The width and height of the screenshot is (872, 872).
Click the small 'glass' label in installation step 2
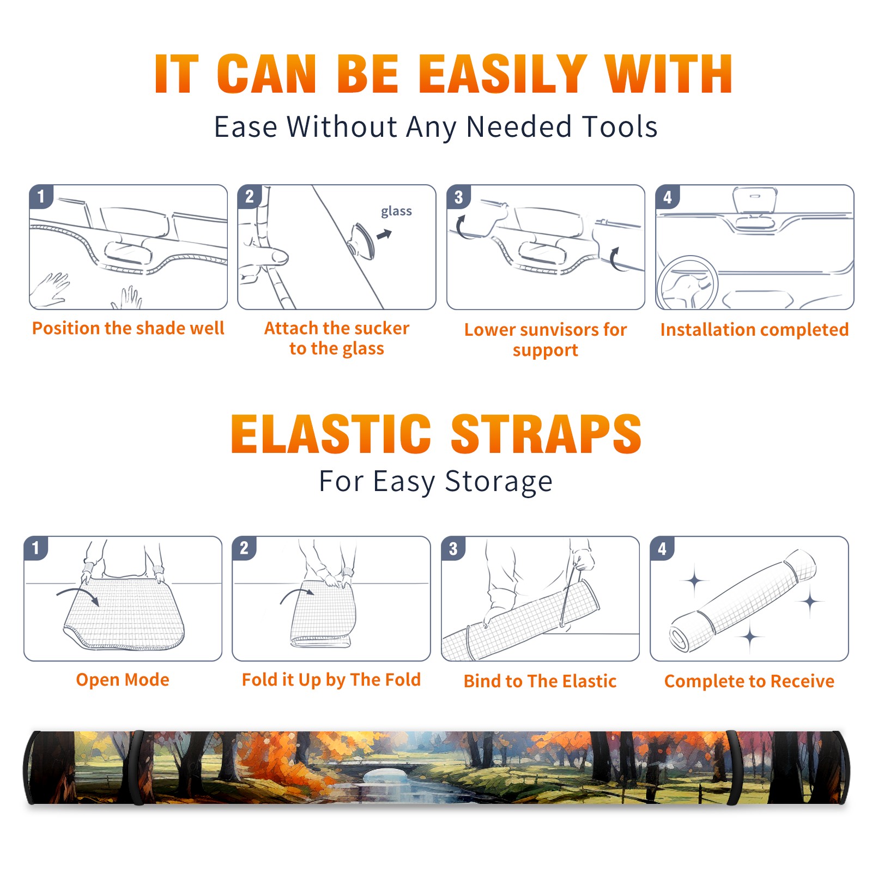coord(396,211)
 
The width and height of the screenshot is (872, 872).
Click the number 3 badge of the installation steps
coord(458,197)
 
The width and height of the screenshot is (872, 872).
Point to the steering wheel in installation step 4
coord(687,283)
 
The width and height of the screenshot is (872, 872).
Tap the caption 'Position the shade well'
coord(128,328)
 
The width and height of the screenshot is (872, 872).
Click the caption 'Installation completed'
coord(754,330)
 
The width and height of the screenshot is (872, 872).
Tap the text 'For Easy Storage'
coord(435,481)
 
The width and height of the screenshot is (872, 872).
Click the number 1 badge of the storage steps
coord(36,548)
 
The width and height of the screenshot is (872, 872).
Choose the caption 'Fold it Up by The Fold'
coord(331,680)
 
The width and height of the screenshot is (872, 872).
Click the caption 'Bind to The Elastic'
coord(540,681)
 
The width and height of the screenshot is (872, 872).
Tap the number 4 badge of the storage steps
coord(662,548)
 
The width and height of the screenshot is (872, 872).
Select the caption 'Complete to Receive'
coord(749,681)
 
